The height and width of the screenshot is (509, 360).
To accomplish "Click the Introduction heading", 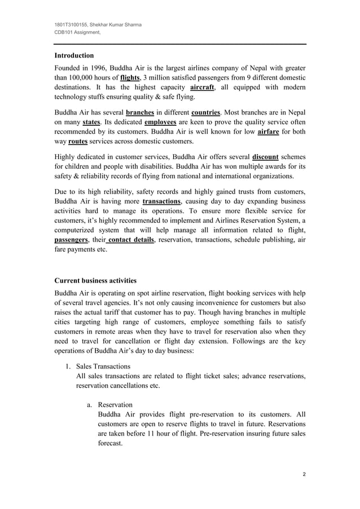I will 74,56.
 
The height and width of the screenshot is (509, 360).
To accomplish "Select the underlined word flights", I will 130,77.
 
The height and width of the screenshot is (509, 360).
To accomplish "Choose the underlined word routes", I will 78,142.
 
